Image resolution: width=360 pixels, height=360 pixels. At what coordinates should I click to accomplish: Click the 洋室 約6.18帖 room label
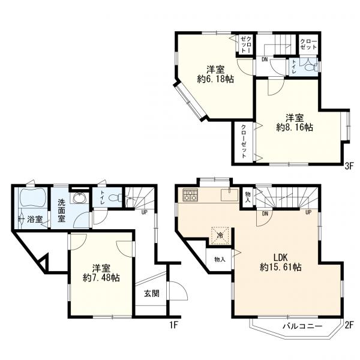(215, 74)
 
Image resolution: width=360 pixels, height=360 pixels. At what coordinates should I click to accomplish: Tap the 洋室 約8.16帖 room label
(295, 122)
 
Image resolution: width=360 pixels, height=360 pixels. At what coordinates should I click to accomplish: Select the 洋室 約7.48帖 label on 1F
(101, 273)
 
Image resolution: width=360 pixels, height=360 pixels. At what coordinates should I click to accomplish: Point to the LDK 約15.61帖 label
(281, 262)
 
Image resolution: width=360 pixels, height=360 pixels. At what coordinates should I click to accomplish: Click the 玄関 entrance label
(152, 293)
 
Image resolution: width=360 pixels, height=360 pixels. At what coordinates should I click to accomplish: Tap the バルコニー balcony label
(302, 326)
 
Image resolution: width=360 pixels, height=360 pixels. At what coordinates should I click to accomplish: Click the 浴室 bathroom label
(35, 220)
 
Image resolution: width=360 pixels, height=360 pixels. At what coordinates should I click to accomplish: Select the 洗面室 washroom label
(61, 211)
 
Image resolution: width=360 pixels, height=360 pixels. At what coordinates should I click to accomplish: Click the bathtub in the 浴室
(33, 197)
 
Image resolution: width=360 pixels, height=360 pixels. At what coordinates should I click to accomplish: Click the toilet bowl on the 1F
(115, 198)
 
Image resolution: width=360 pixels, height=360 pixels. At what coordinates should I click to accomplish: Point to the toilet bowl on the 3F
(310, 67)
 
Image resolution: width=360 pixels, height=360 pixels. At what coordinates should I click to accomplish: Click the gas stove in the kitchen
(190, 195)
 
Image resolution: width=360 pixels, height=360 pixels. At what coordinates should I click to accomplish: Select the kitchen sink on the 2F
(230, 194)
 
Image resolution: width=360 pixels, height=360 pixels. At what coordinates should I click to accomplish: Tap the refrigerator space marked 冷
(220, 235)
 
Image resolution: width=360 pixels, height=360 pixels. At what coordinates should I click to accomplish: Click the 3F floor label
(348, 166)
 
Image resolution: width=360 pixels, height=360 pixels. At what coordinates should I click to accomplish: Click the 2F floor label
(348, 325)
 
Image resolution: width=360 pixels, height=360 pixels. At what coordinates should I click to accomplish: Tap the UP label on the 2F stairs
(308, 212)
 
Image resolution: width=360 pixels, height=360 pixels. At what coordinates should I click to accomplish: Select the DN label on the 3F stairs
(265, 59)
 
